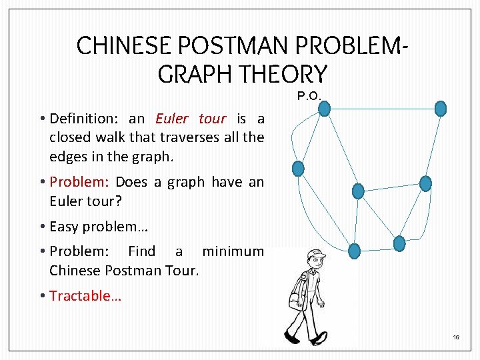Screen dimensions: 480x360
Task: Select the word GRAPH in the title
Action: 199,73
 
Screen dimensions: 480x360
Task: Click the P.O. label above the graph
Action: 309,96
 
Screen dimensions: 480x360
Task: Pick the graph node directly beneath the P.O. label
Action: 324,108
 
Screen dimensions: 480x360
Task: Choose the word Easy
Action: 64,227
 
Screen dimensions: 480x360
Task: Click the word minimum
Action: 233,251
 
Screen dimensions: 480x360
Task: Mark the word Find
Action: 141,251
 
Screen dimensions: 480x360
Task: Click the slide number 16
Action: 457,338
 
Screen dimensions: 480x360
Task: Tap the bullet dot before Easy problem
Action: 42,227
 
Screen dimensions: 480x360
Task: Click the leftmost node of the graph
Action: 298,169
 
